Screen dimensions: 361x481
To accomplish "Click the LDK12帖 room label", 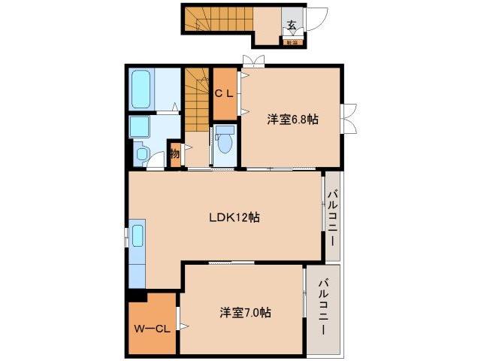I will click(234, 217).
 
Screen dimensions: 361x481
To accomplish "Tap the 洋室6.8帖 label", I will click(292, 119).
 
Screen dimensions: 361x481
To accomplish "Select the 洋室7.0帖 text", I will click(246, 311).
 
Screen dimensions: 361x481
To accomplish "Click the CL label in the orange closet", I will click(224, 94).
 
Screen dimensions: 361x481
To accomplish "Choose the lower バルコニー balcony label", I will click(322, 308).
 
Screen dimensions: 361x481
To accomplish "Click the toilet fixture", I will click(224, 141).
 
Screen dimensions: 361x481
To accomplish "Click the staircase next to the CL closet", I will click(197, 98).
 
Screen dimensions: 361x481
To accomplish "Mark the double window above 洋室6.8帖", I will click(253, 61).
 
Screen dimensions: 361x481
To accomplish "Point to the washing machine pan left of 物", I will click(142, 153).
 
